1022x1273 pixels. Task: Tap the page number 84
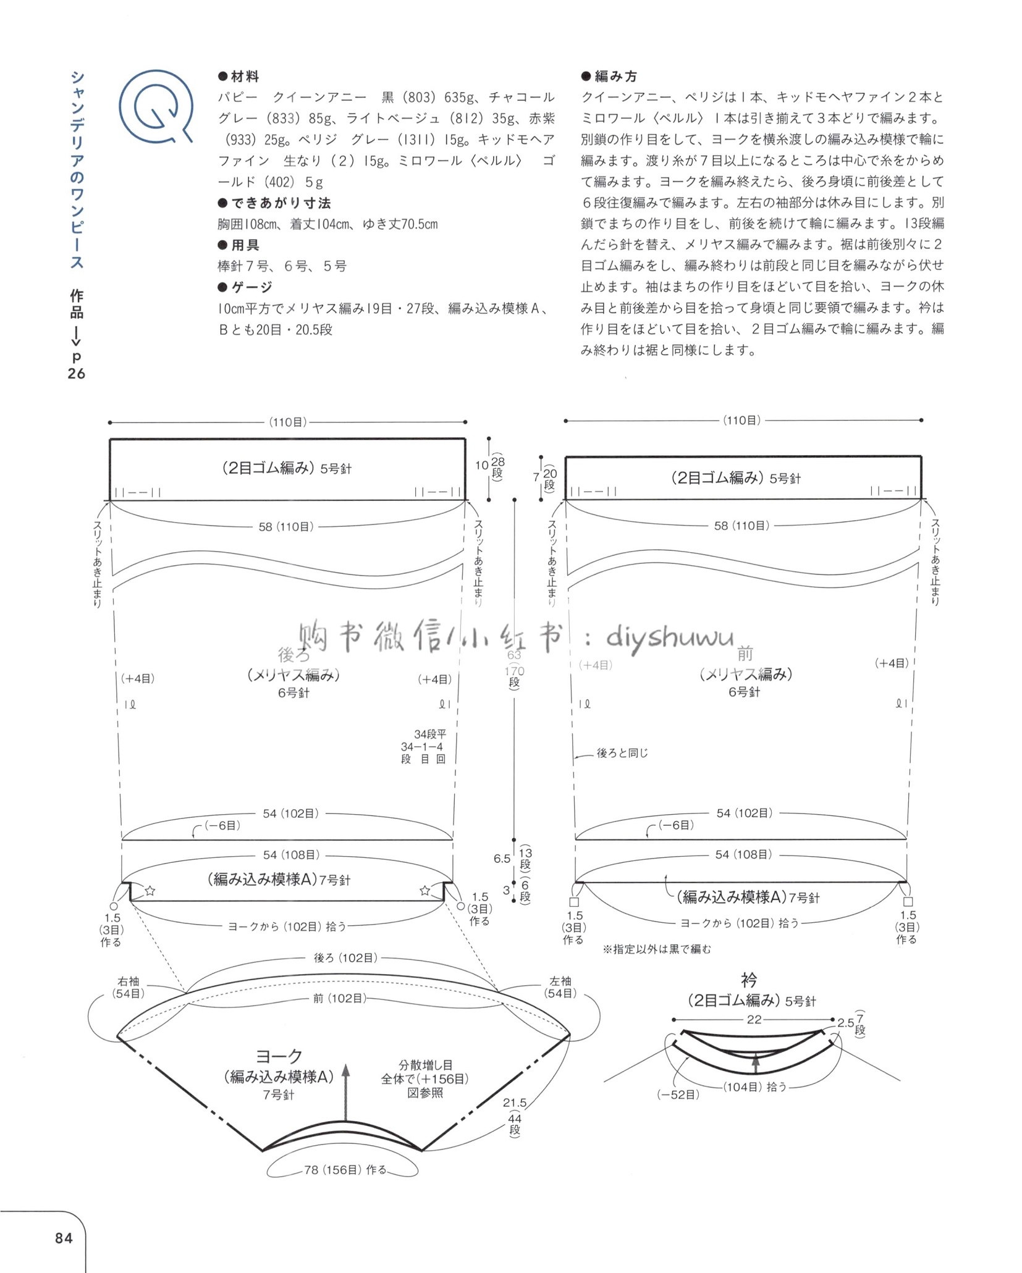(63, 1238)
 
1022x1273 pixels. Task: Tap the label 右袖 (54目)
(128, 988)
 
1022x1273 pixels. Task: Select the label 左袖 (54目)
(560, 988)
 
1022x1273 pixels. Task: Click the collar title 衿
(749, 980)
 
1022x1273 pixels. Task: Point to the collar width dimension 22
(754, 1020)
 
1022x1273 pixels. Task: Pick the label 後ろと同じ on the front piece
(622, 753)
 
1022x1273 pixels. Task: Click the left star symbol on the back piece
(150, 891)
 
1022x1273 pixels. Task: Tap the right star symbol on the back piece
(425, 891)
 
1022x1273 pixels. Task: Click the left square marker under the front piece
(574, 902)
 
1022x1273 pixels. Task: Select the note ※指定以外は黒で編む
(657, 949)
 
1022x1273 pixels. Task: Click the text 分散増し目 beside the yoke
(425, 1065)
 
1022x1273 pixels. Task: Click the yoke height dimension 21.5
(515, 1103)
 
